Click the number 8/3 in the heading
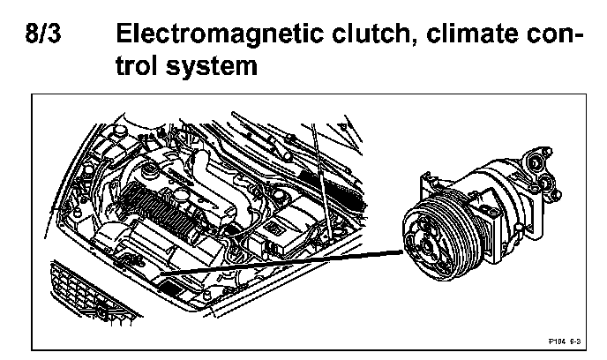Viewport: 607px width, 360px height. [x=50, y=38]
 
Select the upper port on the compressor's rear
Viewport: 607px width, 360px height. [x=536, y=161]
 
